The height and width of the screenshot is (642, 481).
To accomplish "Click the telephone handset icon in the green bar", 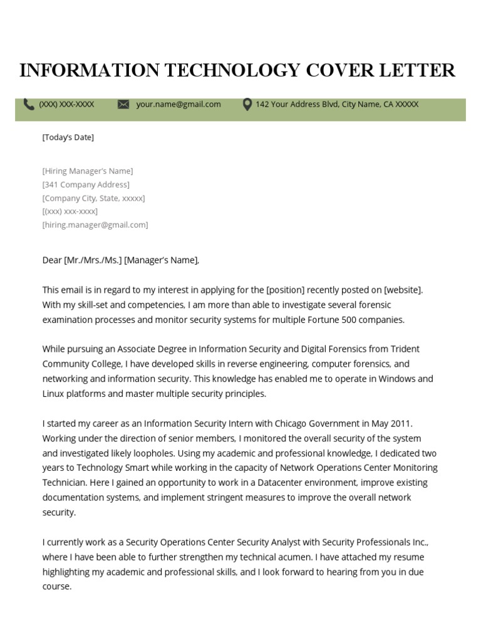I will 29,105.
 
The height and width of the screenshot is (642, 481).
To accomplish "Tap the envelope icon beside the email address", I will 123,105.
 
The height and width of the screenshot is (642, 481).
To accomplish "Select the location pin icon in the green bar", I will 247,105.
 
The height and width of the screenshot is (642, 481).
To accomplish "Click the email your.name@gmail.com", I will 178,105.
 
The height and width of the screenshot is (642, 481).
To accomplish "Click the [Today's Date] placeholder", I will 68,137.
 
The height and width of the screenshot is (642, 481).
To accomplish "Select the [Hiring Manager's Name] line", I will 87,171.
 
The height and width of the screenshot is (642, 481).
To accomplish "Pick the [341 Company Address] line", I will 86,184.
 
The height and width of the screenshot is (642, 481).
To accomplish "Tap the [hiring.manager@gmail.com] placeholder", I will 95,224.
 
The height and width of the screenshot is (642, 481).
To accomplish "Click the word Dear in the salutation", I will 52,260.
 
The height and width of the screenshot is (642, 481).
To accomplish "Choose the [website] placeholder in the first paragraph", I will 403,290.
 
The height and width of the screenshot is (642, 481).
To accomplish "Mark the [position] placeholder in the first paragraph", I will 285,290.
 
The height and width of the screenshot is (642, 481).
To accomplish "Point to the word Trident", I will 405,349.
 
